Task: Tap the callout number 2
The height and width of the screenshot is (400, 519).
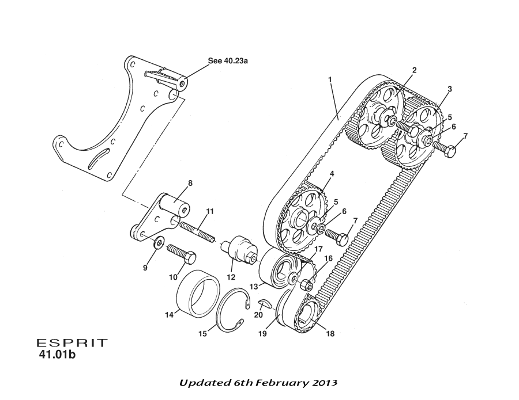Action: [x=414, y=70]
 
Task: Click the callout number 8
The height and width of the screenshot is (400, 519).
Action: [x=190, y=183]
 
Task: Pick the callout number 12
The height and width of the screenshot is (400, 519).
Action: [x=231, y=277]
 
